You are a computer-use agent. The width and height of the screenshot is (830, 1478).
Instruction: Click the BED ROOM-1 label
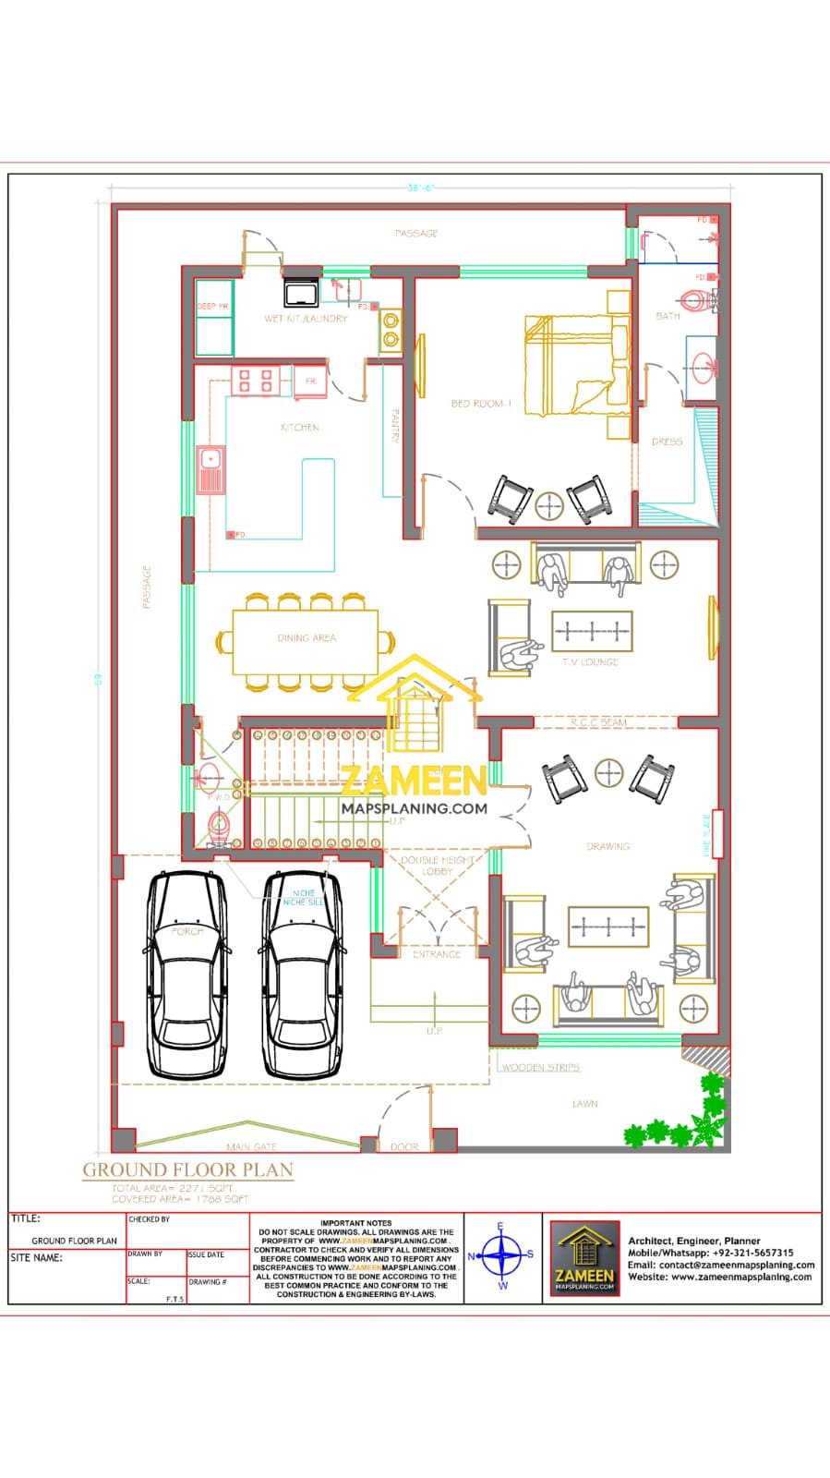pos(480,404)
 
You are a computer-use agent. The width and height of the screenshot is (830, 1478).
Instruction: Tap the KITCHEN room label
pos(300,428)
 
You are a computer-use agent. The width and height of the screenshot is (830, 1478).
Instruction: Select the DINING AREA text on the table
pos(306,638)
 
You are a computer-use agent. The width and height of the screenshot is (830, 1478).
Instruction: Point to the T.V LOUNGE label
pos(590,662)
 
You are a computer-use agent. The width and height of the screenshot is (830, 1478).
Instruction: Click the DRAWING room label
pos(607,846)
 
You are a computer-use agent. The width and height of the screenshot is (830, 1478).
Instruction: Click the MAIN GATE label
pos(251,1146)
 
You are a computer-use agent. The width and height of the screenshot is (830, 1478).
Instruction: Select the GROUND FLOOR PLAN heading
pos(188,1169)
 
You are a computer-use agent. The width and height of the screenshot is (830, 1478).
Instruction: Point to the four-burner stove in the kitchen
pos(256,381)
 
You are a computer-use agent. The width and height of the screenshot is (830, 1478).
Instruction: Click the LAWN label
pos(584,1104)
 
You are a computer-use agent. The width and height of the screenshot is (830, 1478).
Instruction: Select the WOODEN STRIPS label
pos(541,1067)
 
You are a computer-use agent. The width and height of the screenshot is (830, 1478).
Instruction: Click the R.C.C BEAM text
pos(598,722)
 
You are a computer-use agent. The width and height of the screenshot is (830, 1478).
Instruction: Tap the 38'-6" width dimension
pos(420,188)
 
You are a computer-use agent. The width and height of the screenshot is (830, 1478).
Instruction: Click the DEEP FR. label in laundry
pos(212,306)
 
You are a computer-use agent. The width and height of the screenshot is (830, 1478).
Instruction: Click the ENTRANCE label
pos(436,954)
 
